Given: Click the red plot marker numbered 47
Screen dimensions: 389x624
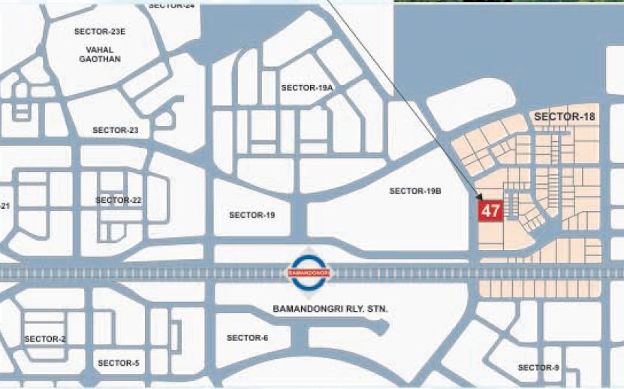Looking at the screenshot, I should (490, 211).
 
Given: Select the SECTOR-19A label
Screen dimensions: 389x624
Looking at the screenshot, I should (306, 88).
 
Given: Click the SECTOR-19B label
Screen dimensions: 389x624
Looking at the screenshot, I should (414, 191).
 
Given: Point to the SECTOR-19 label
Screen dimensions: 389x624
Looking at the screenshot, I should (252, 215).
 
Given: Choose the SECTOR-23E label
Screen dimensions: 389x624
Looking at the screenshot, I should (100, 32).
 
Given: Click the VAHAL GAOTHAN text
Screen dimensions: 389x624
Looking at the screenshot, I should (100, 54).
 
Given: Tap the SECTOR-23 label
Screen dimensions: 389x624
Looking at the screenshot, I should (116, 130).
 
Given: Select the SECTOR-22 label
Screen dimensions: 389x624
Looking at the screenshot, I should (119, 200).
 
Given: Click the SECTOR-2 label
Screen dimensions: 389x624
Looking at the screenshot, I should (45, 339).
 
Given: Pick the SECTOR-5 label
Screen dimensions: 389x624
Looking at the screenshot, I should (118, 363).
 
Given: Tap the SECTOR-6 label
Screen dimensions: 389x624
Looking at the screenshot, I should (247, 338).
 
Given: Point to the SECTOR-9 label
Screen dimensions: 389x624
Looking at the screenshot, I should (538, 367).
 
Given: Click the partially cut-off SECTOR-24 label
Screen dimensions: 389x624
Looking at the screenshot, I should (171, 5).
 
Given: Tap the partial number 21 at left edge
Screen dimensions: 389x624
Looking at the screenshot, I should (5, 206).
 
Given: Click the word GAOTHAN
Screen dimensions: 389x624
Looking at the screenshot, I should (100, 59).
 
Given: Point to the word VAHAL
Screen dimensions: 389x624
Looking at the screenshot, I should (100, 50).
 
